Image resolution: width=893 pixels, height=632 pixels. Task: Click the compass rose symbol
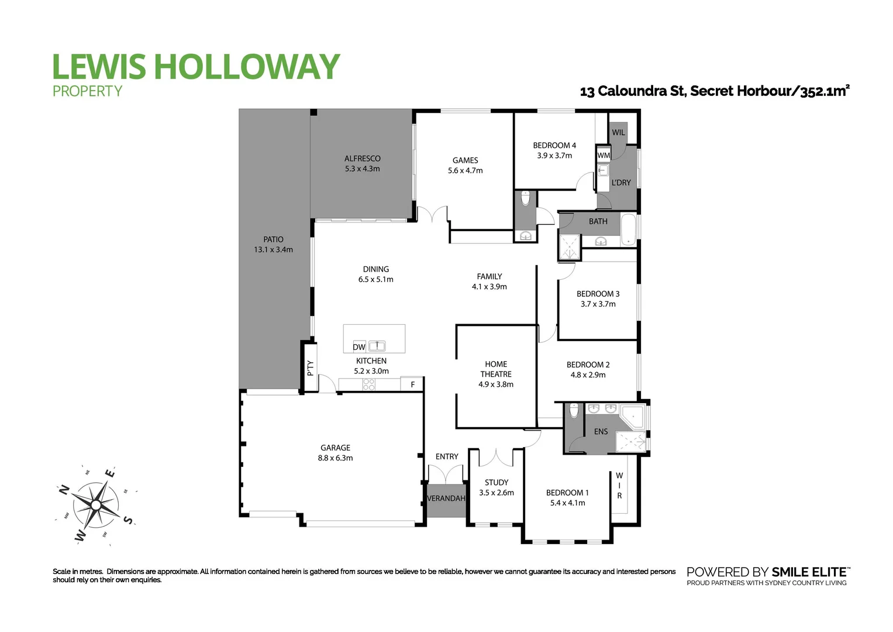click(96, 504)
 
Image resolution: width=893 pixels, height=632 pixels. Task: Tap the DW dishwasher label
click(359, 347)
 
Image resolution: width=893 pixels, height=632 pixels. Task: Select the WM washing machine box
click(604, 156)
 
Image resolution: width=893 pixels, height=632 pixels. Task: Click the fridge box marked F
click(412, 384)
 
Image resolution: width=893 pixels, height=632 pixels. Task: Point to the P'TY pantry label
click(310, 367)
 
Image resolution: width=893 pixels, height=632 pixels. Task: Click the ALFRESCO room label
click(362, 159)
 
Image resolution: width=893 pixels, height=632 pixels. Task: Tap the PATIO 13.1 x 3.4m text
click(273, 245)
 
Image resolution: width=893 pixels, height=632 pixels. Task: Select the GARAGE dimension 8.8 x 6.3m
click(335, 458)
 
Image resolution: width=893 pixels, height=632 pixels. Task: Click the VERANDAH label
click(446, 499)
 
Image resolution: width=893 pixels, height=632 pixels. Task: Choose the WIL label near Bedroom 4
click(618, 133)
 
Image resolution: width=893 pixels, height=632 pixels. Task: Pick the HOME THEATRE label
click(496, 369)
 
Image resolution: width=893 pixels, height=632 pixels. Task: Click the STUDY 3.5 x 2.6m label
click(497, 487)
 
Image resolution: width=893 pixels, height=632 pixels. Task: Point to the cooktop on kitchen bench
click(368, 384)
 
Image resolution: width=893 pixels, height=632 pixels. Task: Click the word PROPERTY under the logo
click(87, 91)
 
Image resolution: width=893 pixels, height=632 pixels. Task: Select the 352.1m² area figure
click(825, 91)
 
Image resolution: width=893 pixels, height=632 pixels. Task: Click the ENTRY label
click(447, 456)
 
